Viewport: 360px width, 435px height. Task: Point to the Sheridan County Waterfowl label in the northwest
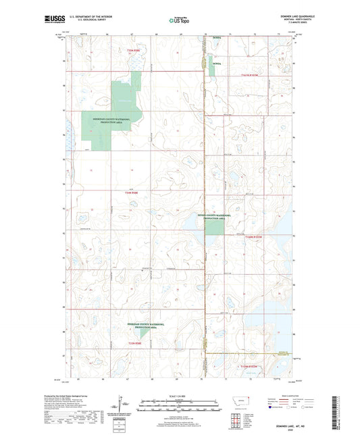tap(107, 121)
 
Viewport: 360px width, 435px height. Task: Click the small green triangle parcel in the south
tap(144, 333)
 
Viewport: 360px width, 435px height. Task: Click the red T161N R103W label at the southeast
tap(250, 366)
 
